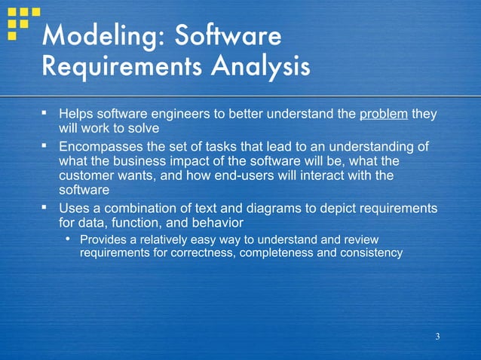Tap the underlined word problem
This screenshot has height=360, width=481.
pyautogui.click(x=384, y=114)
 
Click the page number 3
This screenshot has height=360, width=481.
pyautogui.click(x=437, y=336)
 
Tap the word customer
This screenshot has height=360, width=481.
pyautogui.click(x=89, y=176)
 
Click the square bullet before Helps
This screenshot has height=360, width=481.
pyautogui.click(x=44, y=113)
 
